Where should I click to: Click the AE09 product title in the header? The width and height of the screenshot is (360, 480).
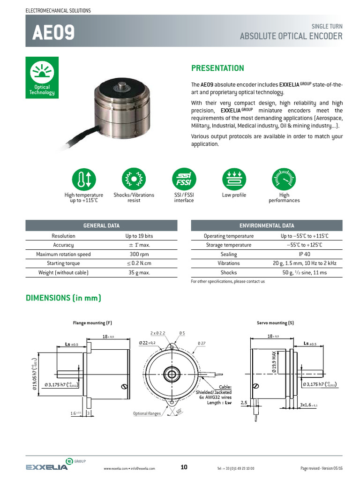(53, 32)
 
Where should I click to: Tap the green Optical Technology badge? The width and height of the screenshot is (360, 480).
(42, 77)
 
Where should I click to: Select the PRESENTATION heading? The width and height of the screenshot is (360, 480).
(217, 68)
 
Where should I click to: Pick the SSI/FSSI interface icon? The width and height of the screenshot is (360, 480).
(184, 179)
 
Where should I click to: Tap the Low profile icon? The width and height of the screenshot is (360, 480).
(234, 179)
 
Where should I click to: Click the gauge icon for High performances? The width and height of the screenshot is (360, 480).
(284, 179)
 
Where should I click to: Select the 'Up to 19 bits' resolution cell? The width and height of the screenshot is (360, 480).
(139, 236)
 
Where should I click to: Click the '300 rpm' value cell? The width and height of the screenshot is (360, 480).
(139, 255)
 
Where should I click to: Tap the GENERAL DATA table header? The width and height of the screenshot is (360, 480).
(101, 226)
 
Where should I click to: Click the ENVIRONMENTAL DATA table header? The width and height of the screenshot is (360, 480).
(267, 226)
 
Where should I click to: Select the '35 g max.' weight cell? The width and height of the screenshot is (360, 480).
(139, 273)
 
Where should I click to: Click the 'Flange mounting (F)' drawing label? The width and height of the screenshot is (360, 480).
(92, 323)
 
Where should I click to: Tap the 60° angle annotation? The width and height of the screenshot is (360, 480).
(179, 411)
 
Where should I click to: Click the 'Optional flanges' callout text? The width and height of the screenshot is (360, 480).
(147, 414)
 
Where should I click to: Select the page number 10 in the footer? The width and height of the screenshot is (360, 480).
(184, 467)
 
